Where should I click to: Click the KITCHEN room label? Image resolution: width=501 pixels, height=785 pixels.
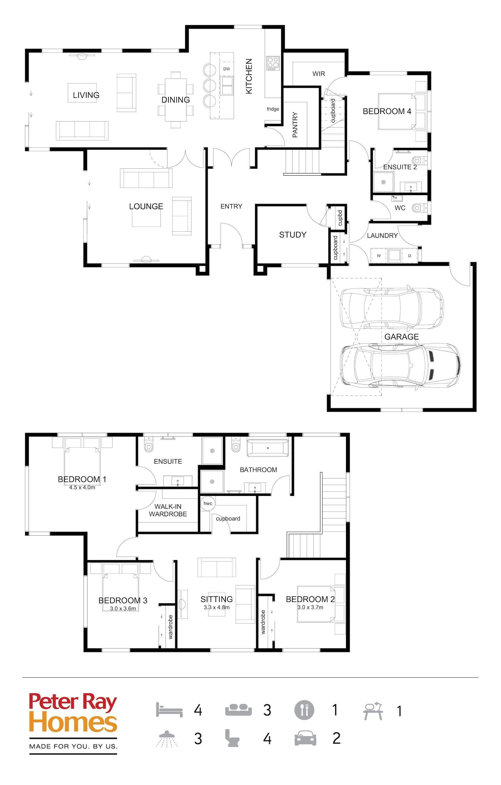click(249, 76)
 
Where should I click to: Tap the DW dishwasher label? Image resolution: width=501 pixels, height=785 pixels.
click(227, 69)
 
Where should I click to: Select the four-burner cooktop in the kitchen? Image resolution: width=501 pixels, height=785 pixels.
click(273, 63)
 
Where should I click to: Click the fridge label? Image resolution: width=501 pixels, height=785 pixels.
click(273, 109)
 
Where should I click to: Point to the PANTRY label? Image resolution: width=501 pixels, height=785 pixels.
click(295, 125)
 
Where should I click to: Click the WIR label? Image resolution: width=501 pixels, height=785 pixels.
click(319, 74)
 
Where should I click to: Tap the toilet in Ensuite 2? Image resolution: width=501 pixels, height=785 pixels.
click(417, 160)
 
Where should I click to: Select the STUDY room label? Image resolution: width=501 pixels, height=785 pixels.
click(293, 235)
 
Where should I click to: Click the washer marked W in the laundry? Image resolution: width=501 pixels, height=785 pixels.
click(379, 256)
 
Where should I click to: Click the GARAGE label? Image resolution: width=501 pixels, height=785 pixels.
click(401, 337)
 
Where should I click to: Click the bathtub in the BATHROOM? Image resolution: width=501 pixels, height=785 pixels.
click(267, 448)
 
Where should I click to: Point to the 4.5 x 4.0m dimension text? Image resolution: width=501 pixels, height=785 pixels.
click(82, 488)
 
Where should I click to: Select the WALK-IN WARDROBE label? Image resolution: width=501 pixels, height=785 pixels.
click(168, 510)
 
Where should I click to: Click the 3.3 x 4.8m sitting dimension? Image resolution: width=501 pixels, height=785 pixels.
click(217, 607)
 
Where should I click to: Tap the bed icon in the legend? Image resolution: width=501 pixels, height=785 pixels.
click(169, 710)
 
